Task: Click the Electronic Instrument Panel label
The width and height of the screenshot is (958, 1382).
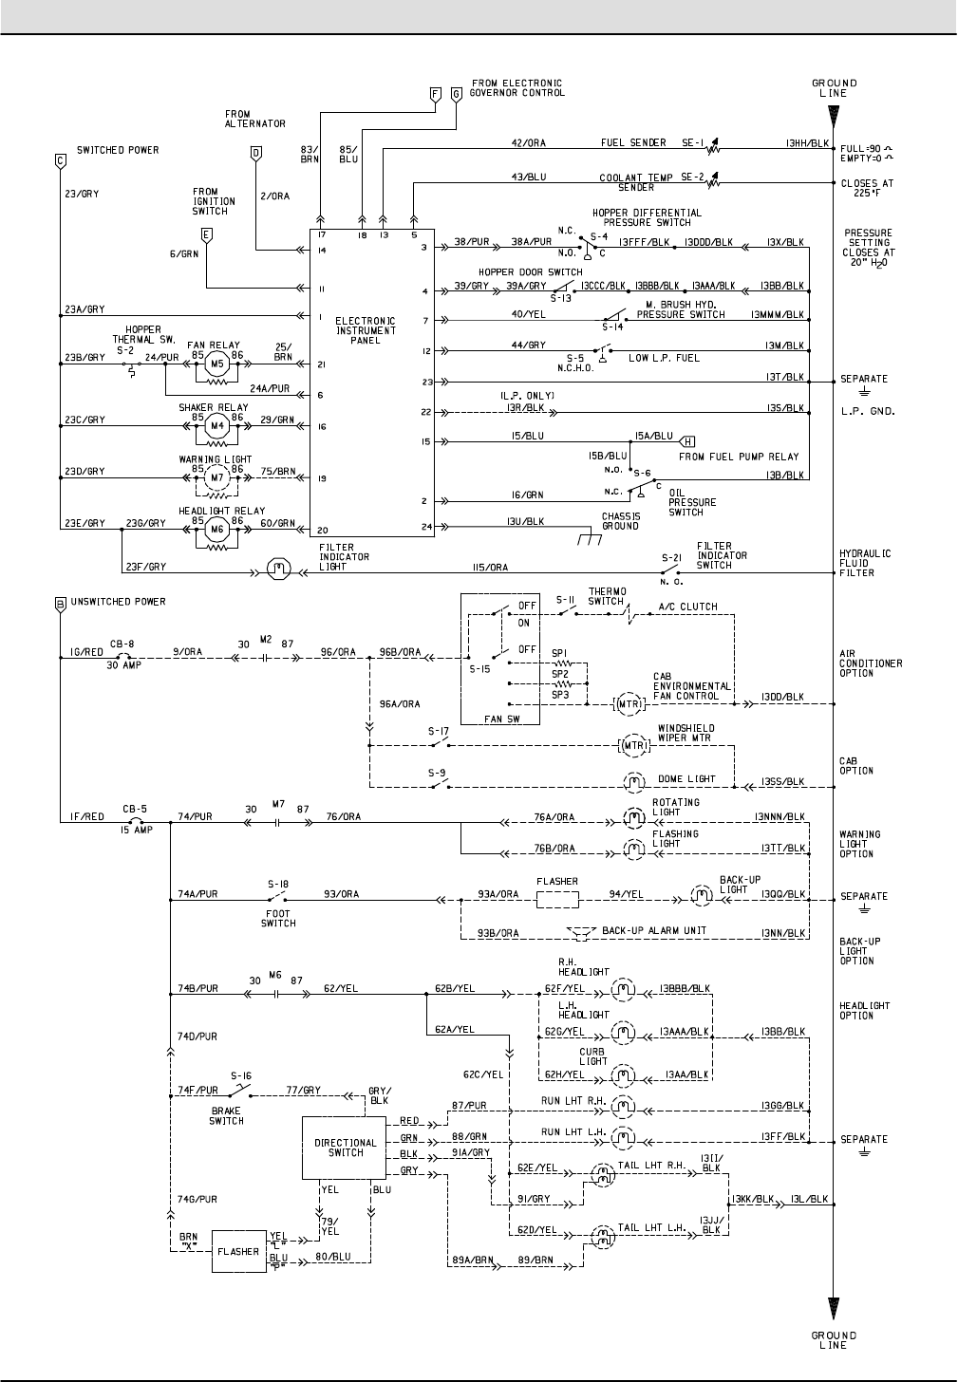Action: (366, 330)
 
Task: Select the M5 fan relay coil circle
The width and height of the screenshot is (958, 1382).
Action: (216, 364)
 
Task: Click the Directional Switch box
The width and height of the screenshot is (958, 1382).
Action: (346, 1148)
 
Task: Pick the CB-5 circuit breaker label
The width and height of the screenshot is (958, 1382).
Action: (133, 810)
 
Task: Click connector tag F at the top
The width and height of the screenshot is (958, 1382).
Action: (435, 94)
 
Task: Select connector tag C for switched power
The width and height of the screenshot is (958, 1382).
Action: (60, 161)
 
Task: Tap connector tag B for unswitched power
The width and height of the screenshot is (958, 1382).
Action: (60, 604)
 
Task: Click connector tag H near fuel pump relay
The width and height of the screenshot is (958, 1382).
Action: (688, 439)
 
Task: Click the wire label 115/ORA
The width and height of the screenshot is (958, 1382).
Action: (491, 568)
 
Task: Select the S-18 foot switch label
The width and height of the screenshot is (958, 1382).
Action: (278, 883)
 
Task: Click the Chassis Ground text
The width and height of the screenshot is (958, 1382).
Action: (620, 521)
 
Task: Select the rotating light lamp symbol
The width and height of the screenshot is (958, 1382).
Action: (631, 816)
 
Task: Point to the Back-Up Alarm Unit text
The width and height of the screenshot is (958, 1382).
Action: (648, 930)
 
